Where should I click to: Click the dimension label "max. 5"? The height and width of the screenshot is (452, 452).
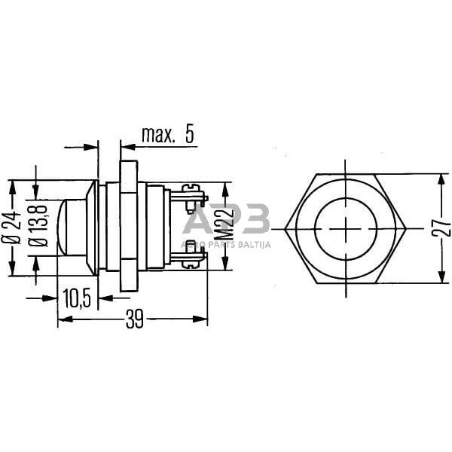pyautogui.click(x=167, y=135)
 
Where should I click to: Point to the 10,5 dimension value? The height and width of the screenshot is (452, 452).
pyautogui.click(x=76, y=299)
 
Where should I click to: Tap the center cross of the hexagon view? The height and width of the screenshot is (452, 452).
pyautogui.click(x=347, y=228)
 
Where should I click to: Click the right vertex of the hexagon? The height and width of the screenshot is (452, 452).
pyautogui.click(x=408, y=228)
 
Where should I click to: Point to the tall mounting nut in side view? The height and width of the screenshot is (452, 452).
pyautogui.click(x=128, y=226)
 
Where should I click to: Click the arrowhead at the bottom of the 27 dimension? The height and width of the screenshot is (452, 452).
pyautogui.click(x=438, y=278)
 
